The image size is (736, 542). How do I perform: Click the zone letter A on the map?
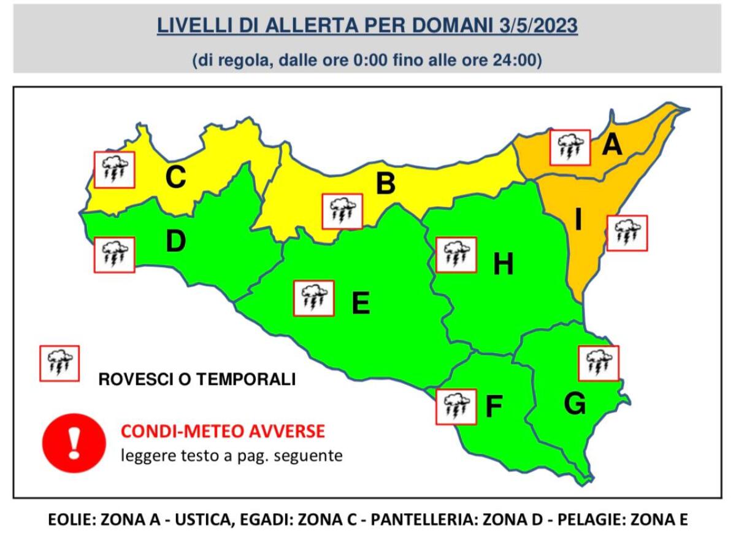point(612,146)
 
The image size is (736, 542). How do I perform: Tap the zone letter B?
point(385,184)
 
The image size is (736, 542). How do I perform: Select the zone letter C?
point(175,178)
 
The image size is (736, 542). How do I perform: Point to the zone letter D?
point(175,242)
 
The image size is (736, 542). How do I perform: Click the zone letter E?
point(360,303)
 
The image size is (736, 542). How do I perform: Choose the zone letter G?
point(575,403)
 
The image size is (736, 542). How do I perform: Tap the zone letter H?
point(503,265)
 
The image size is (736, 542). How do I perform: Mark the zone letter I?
point(577,220)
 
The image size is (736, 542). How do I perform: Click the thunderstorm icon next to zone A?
point(570,147)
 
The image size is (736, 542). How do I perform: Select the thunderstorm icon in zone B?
point(343,212)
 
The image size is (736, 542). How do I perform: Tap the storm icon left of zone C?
point(113,170)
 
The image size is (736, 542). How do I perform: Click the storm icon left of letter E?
point(314,298)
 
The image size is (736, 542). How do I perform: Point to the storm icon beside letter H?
point(456,254)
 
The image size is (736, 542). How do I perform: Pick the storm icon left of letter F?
point(456,406)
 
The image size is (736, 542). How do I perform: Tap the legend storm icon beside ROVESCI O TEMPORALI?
point(59,363)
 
